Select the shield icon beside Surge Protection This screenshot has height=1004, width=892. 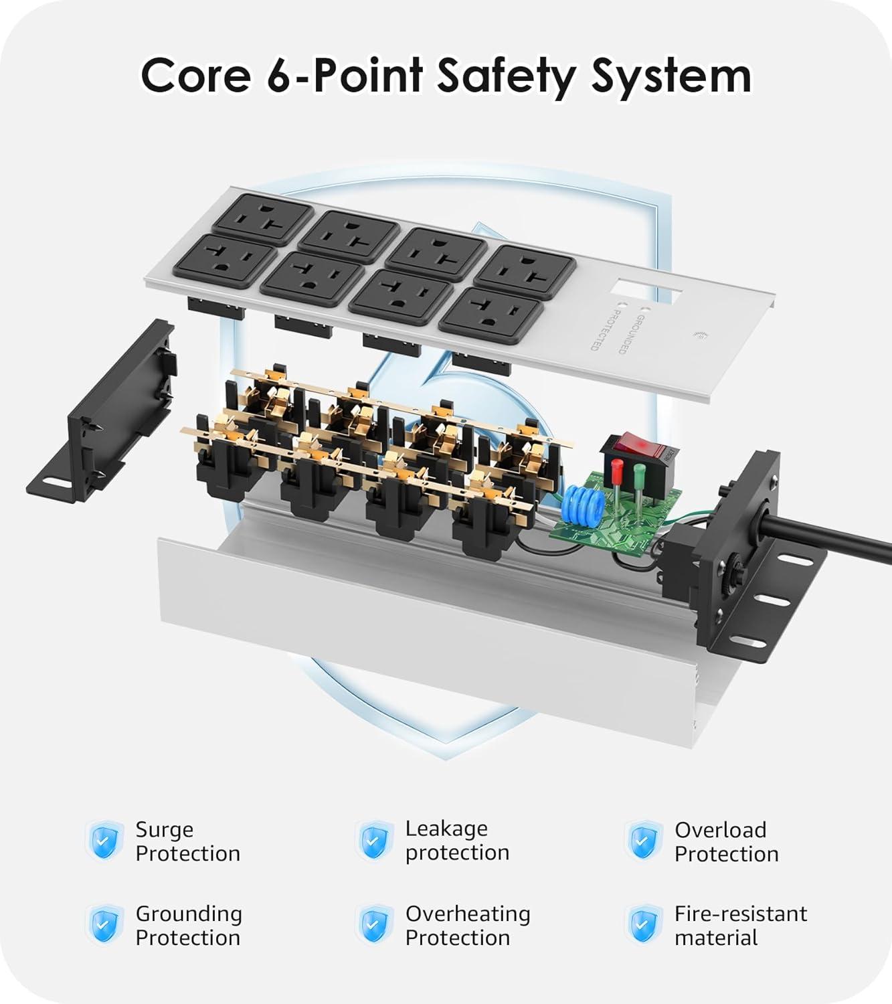104,841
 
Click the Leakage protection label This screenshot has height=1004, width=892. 457,841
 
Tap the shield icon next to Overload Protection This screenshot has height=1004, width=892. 643,841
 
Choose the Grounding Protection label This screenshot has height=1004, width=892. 188,925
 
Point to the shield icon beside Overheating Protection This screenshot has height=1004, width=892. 373,925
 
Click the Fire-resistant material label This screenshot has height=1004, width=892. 740,925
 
